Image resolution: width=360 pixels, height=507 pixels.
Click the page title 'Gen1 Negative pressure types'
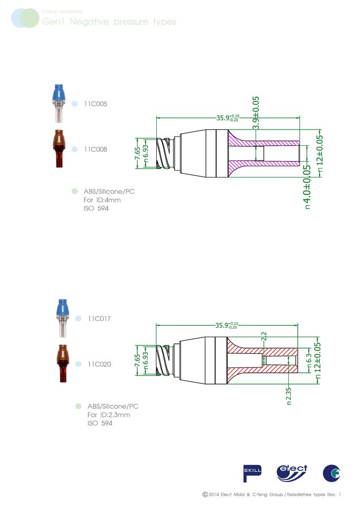pyautogui.click(x=108, y=22)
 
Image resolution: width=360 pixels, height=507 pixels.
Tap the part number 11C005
pyautogui.click(x=96, y=104)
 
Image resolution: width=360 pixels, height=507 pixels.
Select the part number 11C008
pyautogui.click(x=96, y=149)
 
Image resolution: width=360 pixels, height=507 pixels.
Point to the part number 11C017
pyautogui.click(x=99, y=319)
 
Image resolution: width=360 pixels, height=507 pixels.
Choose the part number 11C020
pyautogui.click(x=99, y=364)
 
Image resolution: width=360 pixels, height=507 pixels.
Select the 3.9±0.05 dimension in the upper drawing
pyautogui.click(x=256, y=113)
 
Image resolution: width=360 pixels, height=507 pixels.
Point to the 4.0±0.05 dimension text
pyautogui.click(x=307, y=186)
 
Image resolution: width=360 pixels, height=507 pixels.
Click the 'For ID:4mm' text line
pyautogui.click(x=102, y=200)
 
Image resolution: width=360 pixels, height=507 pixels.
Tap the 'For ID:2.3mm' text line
pyautogui.click(x=109, y=415)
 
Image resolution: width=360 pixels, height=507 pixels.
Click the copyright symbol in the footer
pyautogui.click(x=205, y=494)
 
